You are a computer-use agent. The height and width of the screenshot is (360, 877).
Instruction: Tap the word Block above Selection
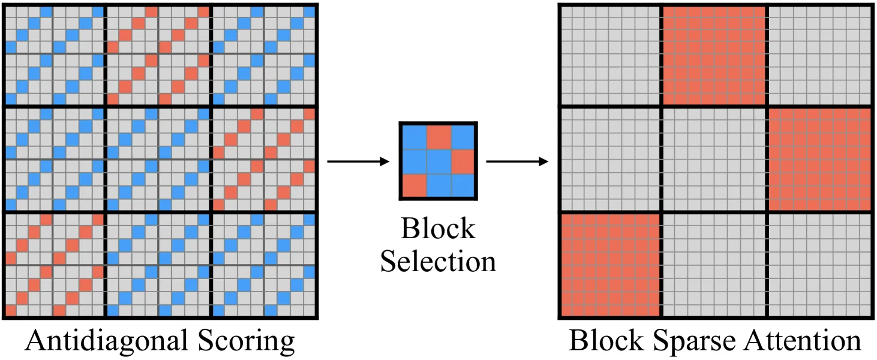tap(438, 228)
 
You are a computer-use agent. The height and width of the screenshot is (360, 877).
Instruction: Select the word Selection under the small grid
tap(438, 261)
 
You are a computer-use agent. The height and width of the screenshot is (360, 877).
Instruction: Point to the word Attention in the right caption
tap(803, 340)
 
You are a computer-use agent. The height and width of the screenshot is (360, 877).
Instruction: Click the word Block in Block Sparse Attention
tap(606, 340)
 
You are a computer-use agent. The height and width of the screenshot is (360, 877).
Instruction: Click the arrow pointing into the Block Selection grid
tap(358, 161)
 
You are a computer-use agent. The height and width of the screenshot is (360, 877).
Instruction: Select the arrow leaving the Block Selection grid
tap(517, 161)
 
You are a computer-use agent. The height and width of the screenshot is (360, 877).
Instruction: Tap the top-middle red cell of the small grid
tap(439, 137)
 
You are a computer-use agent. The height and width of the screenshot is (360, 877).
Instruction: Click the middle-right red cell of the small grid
tap(462, 161)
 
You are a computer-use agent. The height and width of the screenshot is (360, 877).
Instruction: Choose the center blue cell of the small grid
tap(439, 161)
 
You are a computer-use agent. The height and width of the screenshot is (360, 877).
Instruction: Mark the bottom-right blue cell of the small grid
tap(462, 185)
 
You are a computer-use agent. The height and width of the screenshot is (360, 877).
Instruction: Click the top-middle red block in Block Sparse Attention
tap(714, 55)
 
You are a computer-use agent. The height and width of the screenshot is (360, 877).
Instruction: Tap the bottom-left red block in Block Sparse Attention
tap(611, 265)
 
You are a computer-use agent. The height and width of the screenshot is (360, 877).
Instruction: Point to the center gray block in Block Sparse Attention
tap(714, 160)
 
